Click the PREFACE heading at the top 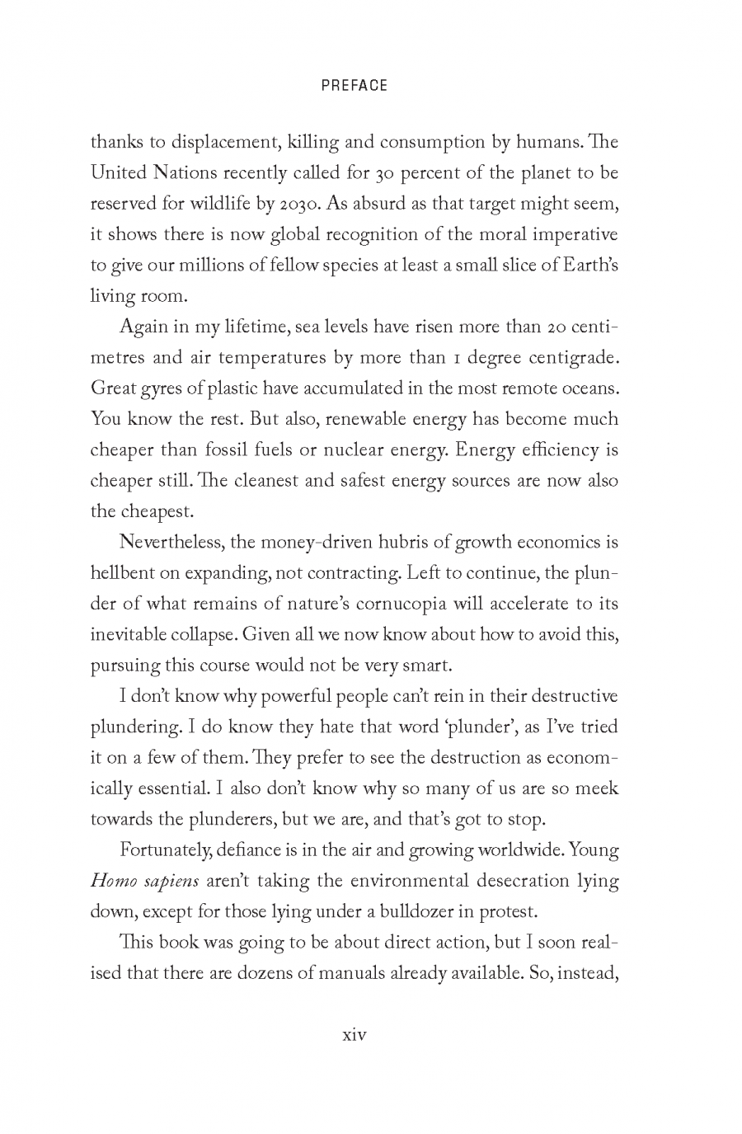354,85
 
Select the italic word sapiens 171,882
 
